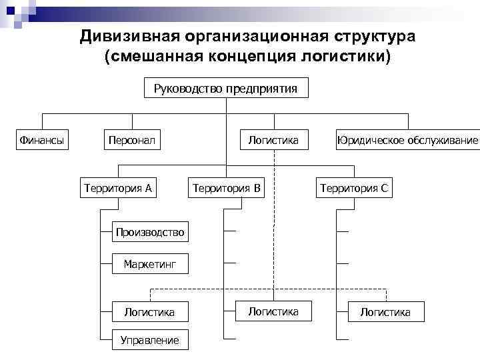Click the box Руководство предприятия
click(x=226, y=89)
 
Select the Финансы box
click(x=42, y=140)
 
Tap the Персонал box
click(x=132, y=140)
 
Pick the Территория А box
click(x=118, y=188)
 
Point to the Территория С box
click(x=354, y=188)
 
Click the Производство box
click(x=149, y=232)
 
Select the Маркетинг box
click(x=149, y=265)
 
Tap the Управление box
click(x=149, y=340)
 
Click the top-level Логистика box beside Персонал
click(x=273, y=140)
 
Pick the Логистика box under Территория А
click(x=149, y=311)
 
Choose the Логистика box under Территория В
click(x=273, y=311)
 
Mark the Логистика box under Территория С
click(x=385, y=311)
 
